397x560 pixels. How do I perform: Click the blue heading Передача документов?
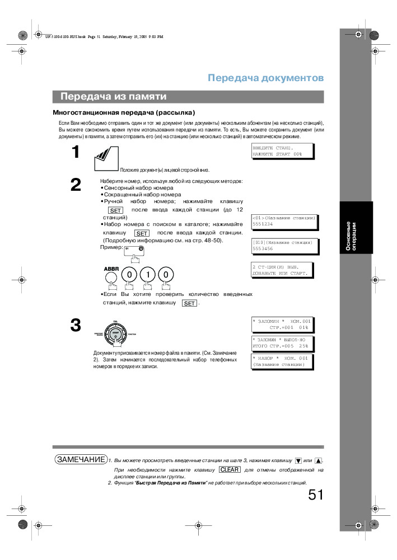pos(265,78)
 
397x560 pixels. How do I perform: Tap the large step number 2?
pos(76,185)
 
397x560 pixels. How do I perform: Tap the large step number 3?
pos(76,325)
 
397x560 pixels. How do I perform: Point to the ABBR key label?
pos(112,269)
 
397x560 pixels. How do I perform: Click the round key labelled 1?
pos(147,275)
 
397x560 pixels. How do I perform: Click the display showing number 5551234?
pos(284,221)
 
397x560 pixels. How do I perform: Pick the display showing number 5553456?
pos(284,245)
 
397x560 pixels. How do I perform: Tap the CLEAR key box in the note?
pos(230,469)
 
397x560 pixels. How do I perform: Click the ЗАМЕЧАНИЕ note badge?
pos(81,459)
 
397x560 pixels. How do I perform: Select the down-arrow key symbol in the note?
pos(298,460)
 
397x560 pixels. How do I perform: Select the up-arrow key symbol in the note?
pos(318,460)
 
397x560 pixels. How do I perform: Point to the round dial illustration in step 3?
pos(115,333)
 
